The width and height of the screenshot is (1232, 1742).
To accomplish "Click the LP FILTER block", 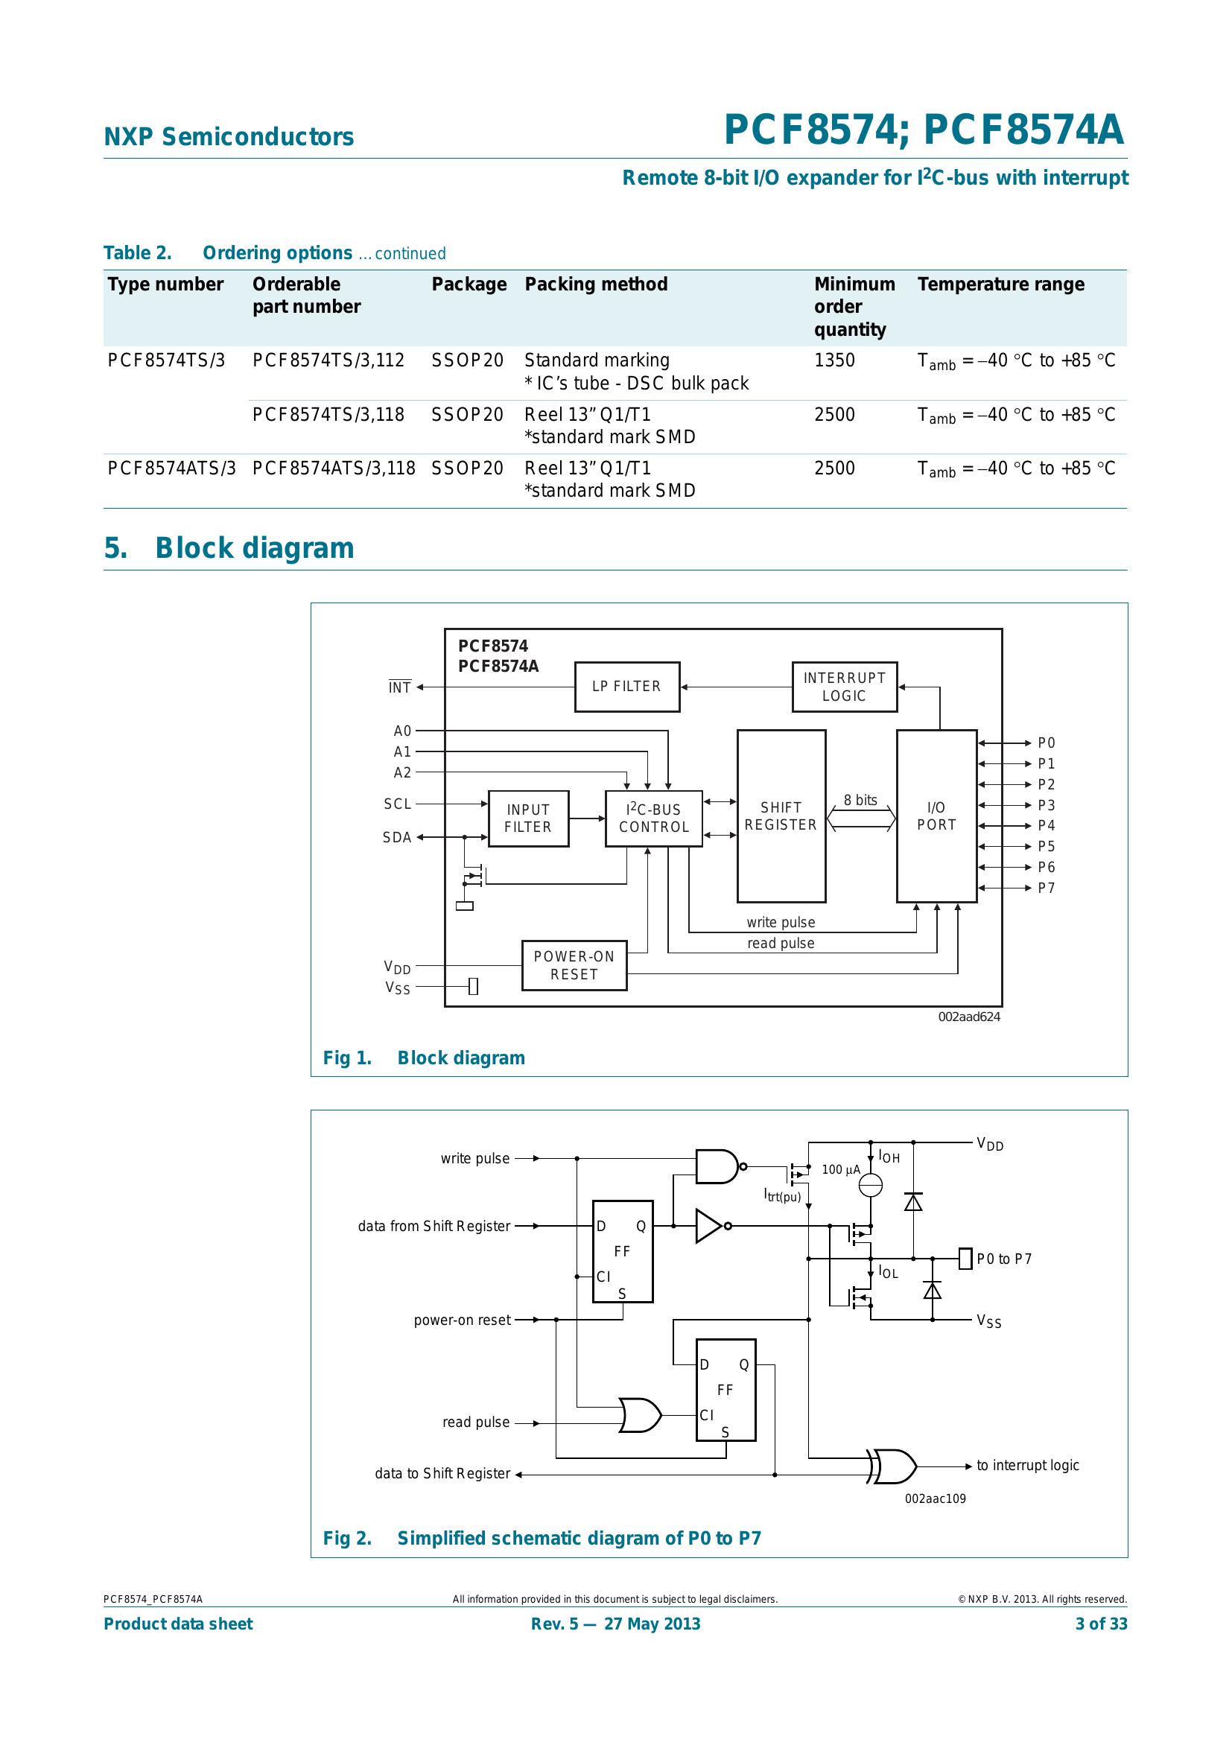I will coord(626,687).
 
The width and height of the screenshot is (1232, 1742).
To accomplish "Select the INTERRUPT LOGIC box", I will coord(845,687).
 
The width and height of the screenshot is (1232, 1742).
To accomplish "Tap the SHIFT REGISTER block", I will coord(781,816).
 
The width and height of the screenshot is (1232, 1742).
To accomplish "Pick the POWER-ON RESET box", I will coord(574,965).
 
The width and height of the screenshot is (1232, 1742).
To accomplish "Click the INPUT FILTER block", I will coord(528,818).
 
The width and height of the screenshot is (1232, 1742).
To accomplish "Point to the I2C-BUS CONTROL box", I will coord(653,818).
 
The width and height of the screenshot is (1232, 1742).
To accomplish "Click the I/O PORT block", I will coord(936,816).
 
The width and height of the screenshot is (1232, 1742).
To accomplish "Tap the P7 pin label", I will coord(1046,888).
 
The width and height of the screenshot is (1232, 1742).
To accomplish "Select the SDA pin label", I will coord(397,838).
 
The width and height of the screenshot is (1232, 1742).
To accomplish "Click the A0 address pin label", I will coord(402,731).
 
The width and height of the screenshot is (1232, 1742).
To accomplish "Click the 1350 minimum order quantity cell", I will coord(833,360).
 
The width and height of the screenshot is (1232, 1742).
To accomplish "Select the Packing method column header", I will coord(596,284).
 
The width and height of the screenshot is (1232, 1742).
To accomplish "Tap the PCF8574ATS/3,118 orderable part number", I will coord(334,468).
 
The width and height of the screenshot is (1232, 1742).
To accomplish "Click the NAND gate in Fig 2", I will coord(717,1166).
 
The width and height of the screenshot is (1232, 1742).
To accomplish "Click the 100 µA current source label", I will coord(840,1169).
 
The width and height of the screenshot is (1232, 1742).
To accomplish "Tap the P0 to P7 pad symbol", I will coord(965,1258).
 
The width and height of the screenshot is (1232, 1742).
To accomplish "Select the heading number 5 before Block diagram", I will coord(115,548).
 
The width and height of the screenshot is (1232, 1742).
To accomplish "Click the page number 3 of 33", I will coord(1101,1624).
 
